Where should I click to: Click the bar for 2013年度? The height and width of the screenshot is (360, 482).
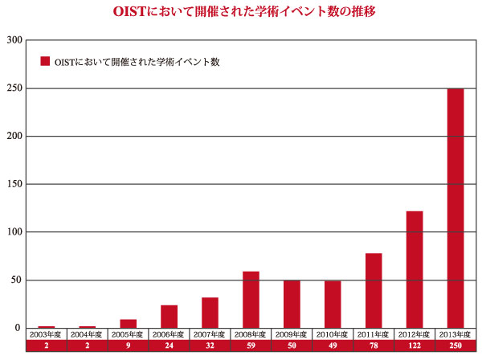(x=455, y=208)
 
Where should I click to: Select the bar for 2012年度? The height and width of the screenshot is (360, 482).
(x=415, y=269)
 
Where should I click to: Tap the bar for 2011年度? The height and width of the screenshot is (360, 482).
(x=374, y=290)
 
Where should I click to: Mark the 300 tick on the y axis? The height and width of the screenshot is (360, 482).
(x=14, y=39)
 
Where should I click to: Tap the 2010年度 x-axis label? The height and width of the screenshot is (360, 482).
(x=333, y=333)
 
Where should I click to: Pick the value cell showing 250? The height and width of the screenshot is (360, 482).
(x=455, y=346)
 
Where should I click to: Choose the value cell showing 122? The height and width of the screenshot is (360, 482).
(x=415, y=346)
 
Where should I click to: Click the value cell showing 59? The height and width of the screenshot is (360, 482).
(x=251, y=346)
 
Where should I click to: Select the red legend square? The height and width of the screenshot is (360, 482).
(x=45, y=61)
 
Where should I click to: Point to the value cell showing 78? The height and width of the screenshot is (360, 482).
(x=374, y=346)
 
